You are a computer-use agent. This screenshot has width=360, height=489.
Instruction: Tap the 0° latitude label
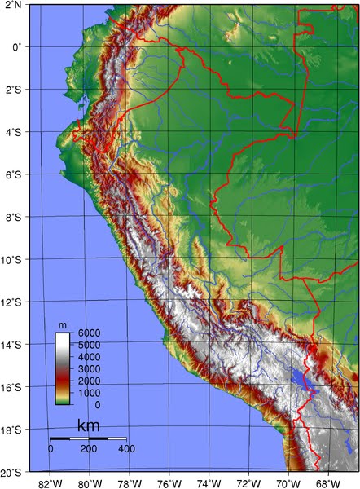click(x=15, y=47)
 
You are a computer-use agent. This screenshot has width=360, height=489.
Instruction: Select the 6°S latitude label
click(x=11, y=175)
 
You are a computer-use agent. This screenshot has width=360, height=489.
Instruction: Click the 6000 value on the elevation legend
click(x=89, y=333)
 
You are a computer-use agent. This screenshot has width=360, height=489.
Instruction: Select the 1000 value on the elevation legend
click(x=89, y=393)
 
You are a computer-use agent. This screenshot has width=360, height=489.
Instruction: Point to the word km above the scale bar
click(x=89, y=426)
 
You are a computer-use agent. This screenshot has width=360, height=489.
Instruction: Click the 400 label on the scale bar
click(x=126, y=449)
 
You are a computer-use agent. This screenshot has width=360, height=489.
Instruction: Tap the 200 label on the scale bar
click(x=89, y=449)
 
